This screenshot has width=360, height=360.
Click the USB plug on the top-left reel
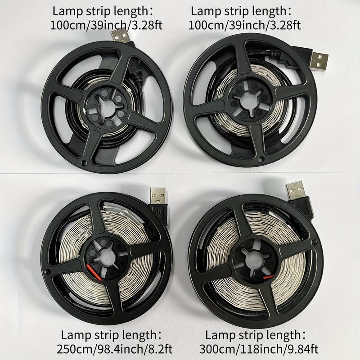pos(121,36)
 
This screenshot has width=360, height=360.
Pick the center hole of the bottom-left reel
pos(107,257)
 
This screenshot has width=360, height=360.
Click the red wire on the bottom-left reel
pos(94,273)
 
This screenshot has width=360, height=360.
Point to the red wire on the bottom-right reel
pos(268,276)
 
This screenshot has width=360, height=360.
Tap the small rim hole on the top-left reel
pos(84,163)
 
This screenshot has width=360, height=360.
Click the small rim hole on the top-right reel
pos(261,159)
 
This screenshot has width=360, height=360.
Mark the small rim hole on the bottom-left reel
pos(48,272)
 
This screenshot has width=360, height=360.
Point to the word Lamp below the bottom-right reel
pos(220,335)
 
